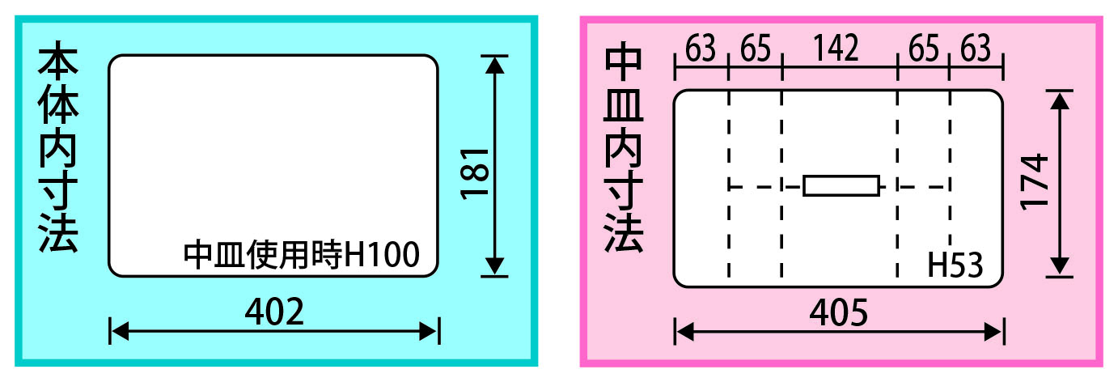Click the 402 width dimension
(274, 312)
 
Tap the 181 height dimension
(474, 174)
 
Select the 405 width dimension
(838, 312)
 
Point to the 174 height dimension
(1034, 182)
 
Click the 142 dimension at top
(836, 48)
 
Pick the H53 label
(955, 265)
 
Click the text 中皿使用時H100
(302, 255)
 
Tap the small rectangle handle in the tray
(841, 186)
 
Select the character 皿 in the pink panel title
(624, 105)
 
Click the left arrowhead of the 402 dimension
(120, 331)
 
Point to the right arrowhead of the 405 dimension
(993, 332)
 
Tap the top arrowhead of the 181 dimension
(494, 66)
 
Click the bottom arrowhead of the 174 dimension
(1059, 265)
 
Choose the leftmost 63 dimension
(701, 49)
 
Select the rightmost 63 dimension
(976, 49)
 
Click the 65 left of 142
(756, 49)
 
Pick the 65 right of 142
(923, 49)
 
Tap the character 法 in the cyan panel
(58, 233)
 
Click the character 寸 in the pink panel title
(624, 190)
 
